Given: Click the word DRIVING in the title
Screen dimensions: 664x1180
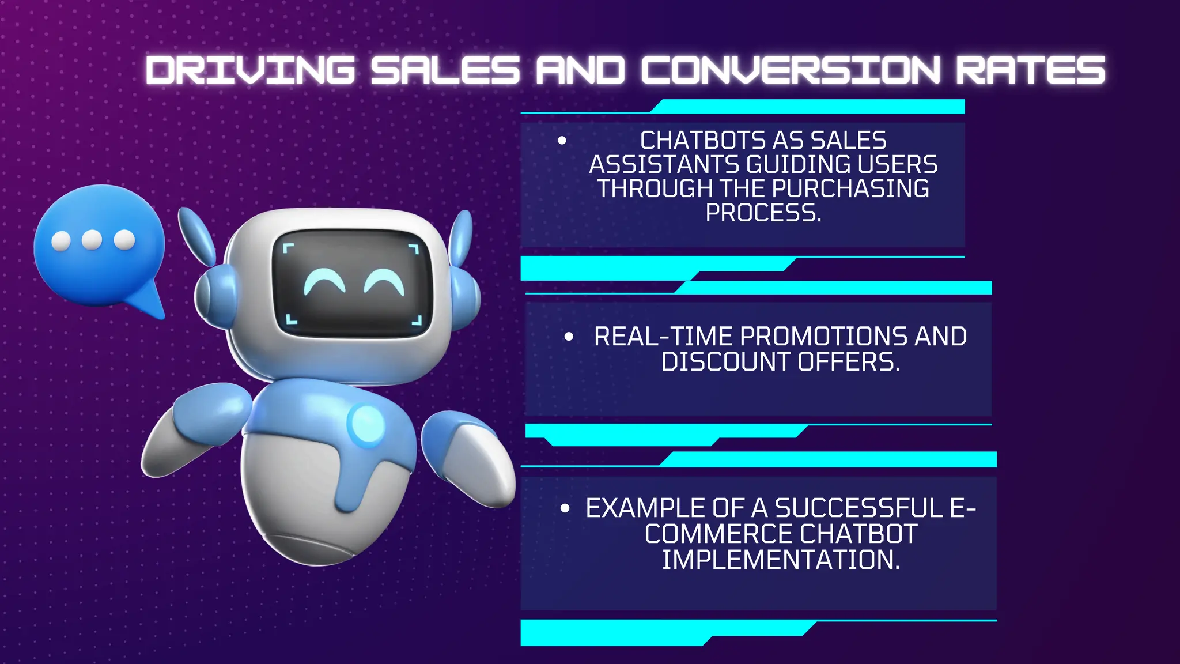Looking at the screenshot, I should pyautogui.click(x=250, y=70).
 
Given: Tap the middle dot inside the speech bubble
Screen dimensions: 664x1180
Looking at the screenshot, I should pyautogui.click(x=92, y=240).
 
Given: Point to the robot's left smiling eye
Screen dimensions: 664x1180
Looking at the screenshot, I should pyautogui.click(x=324, y=282).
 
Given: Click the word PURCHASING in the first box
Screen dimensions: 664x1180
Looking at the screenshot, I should pyautogui.click(x=850, y=189).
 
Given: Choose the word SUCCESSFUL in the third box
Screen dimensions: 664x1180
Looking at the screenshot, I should pyautogui.click(x=858, y=508).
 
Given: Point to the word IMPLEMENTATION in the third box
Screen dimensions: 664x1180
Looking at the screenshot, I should pyautogui.click(x=780, y=560).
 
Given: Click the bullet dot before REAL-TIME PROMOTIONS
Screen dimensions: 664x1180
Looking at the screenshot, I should pyautogui.click(x=569, y=337).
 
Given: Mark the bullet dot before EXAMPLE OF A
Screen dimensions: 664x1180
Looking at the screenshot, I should pyautogui.click(x=565, y=508).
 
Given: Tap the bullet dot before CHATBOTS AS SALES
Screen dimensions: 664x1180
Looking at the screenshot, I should pyautogui.click(x=562, y=141).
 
